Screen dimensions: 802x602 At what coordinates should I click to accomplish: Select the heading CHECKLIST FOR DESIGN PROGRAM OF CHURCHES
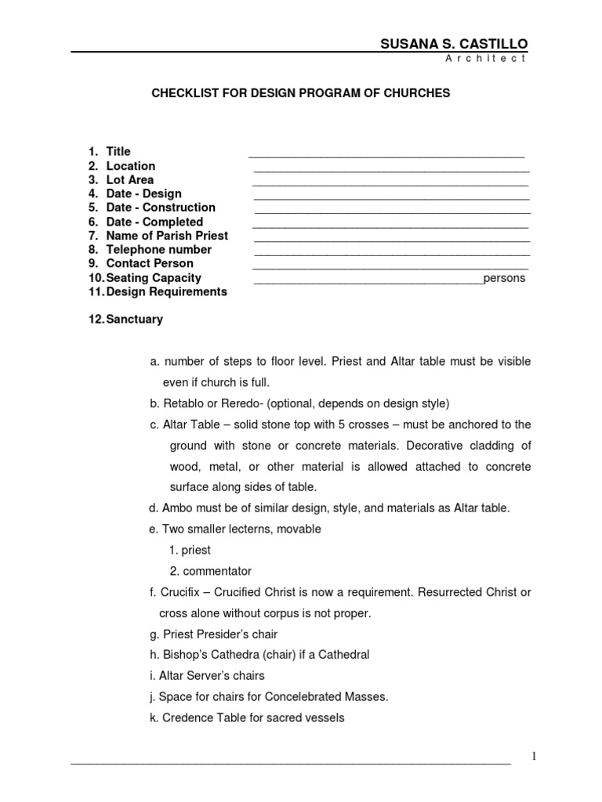(300, 93)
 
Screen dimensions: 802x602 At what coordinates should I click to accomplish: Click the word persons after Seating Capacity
(504, 278)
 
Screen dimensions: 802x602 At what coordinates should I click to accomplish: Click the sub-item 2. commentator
(210, 571)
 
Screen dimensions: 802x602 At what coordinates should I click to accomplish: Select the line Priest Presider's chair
(213, 634)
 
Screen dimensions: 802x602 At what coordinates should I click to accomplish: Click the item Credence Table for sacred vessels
(246, 717)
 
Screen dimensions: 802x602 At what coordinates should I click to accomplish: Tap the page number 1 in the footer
(534, 756)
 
